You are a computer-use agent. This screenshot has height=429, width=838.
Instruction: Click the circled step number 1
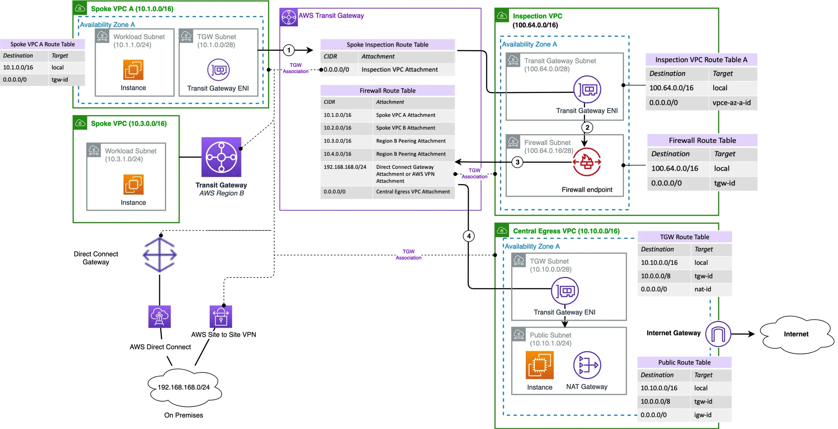289,50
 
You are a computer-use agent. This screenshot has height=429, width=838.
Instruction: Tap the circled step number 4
469,236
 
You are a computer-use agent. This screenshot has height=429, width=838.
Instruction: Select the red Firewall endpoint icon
587,162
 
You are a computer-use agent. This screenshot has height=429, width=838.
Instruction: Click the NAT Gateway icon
587,365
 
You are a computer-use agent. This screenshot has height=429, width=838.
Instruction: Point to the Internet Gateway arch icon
718,334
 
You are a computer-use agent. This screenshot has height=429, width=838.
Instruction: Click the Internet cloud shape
796,334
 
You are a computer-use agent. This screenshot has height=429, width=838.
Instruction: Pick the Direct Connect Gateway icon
160,255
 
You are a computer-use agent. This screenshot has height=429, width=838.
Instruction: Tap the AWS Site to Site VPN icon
221,317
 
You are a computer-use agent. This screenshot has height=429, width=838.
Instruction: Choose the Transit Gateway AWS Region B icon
221,157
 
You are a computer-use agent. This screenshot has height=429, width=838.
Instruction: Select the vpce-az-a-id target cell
732,103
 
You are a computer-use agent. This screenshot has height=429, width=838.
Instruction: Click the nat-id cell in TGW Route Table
703,289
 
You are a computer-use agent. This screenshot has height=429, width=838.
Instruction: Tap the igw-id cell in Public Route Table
703,415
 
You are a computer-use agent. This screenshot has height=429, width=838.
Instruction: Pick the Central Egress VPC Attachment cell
413,192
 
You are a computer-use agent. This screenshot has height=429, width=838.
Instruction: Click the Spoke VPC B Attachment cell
405,128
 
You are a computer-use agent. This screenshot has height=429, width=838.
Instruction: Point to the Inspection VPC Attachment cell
400,70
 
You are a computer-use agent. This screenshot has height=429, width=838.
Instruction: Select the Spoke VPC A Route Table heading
43,44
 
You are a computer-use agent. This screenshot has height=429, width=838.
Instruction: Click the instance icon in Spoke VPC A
133,70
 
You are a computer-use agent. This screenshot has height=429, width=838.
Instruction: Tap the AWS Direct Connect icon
160,317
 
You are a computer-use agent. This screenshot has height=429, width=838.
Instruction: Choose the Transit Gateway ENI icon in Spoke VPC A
219,70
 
